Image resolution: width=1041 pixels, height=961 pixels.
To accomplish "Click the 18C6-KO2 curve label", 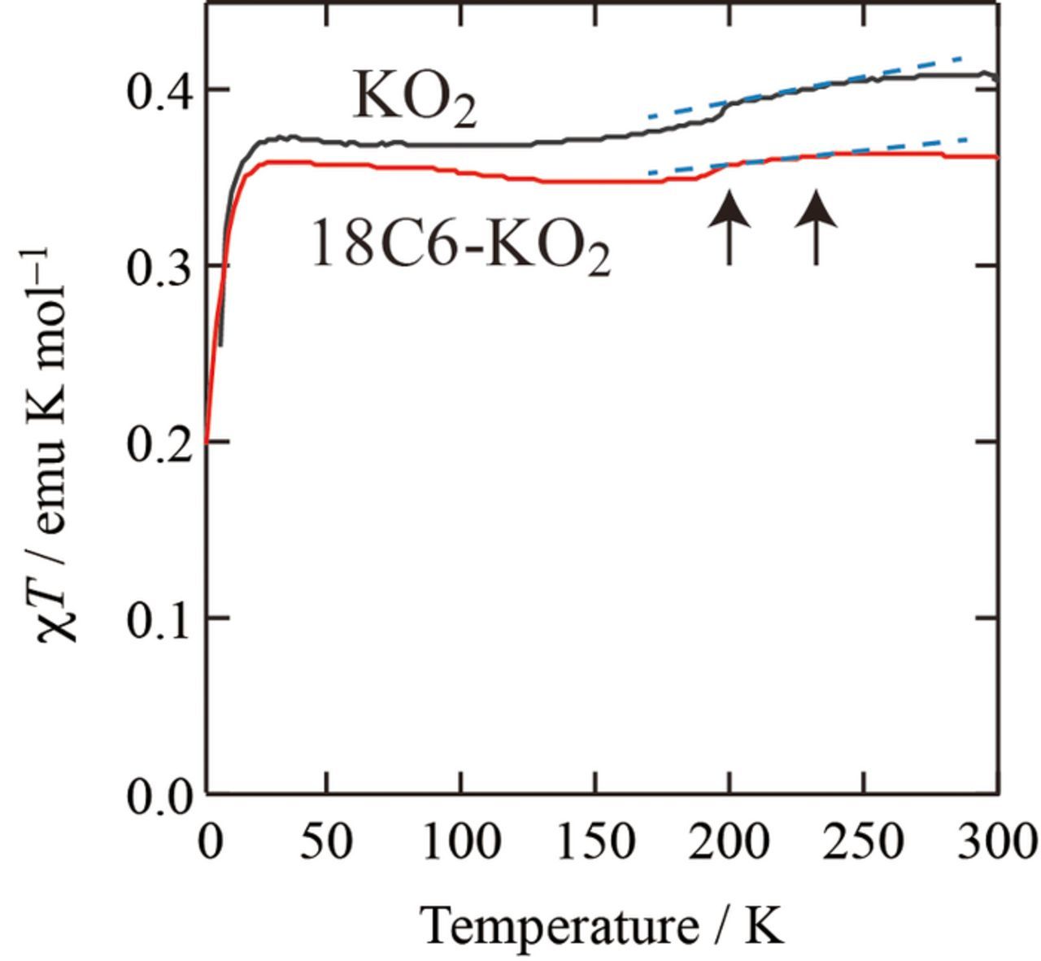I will [x=460, y=247].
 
